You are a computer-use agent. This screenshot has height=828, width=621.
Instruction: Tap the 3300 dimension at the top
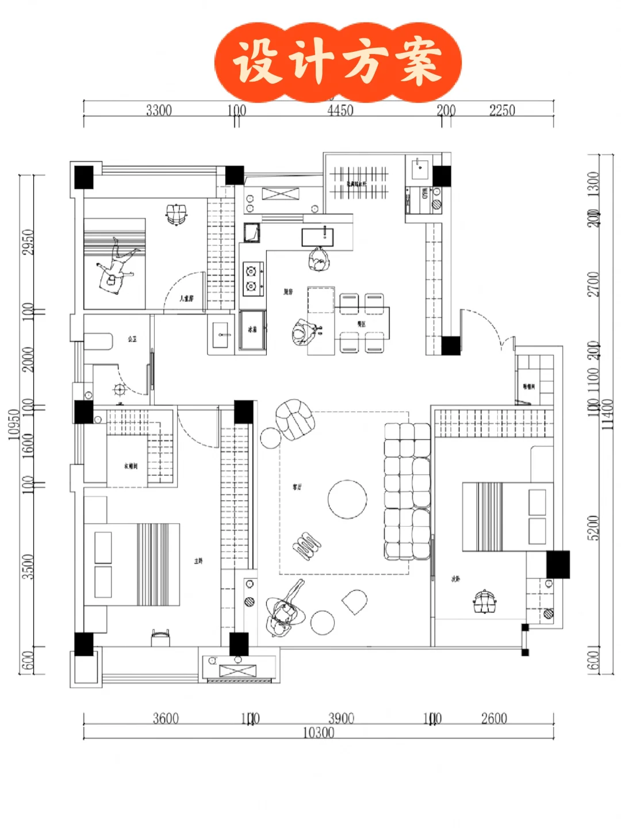coord(159,110)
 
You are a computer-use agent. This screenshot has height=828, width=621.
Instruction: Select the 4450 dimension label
coord(340,110)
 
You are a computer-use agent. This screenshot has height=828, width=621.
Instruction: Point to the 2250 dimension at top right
coord(502,110)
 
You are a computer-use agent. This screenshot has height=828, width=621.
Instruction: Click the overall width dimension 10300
coord(319,733)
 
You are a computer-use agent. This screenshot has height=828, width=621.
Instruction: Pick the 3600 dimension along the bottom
coord(166,718)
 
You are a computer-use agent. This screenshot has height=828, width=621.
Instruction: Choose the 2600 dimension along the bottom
coord(494,718)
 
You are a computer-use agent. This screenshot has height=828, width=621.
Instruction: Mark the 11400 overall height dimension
coord(608,414)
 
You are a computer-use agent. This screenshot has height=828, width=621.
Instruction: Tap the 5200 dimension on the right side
coord(593,527)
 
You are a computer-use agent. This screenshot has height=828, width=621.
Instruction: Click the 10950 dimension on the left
coord(14,424)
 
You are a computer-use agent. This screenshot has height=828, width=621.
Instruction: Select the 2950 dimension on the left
coord(28,243)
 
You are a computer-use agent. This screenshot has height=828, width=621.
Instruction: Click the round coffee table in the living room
coord(347,499)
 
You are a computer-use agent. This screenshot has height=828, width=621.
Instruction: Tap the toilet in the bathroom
coord(98,341)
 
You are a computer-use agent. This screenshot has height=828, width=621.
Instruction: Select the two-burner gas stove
coord(252,279)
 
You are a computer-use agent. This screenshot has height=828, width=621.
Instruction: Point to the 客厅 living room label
coord(297,487)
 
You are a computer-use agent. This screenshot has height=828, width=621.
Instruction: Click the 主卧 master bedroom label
coord(198,561)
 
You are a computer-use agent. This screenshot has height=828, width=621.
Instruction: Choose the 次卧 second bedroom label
coord(455,578)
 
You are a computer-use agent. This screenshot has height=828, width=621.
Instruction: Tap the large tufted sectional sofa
coord(407,492)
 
